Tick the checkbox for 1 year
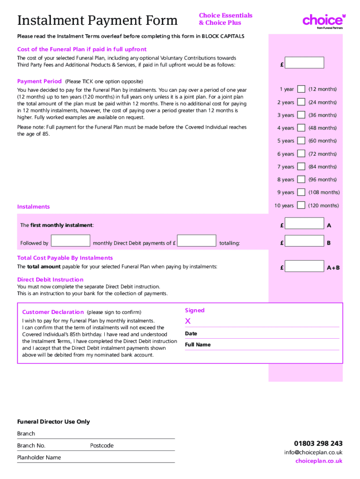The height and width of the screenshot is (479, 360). pyautogui.click(x=302, y=89)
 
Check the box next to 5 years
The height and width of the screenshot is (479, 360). pyautogui.click(x=302, y=140)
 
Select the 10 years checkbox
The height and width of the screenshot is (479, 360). pyautogui.click(x=302, y=205)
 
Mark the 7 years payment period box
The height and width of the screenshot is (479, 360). pyautogui.click(x=302, y=167)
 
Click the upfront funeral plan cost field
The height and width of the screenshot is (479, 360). pyautogui.click(x=304, y=63)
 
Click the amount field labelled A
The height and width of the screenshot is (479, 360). pyautogui.click(x=304, y=224)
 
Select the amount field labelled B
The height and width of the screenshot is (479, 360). pyautogui.click(x=304, y=241)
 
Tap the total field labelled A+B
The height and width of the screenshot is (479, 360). pyautogui.click(x=304, y=267)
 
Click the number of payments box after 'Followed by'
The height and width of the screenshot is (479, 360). pyautogui.click(x=70, y=241)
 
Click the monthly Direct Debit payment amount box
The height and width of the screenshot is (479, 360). pyautogui.click(x=197, y=241)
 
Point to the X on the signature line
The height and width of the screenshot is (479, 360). pyautogui.click(x=188, y=321)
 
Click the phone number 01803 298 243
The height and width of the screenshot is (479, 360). pyautogui.click(x=318, y=443)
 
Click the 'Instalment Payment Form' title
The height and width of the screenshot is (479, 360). pyautogui.click(x=97, y=21)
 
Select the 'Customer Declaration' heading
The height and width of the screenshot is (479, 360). pyautogui.click(x=53, y=312)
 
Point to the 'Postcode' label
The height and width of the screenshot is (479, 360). pyautogui.click(x=102, y=446)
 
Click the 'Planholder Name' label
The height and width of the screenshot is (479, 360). pyautogui.click(x=39, y=457)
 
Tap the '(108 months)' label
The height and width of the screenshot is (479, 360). pyautogui.click(x=324, y=192)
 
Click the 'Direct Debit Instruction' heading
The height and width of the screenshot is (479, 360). pyautogui.click(x=50, y=280)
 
